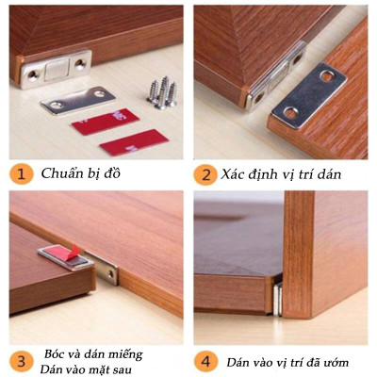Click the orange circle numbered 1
click(23, 174)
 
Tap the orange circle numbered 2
click(205, 174)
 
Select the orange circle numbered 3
click(23, 361)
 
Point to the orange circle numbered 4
click(205, 361)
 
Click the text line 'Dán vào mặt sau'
click(93, 369)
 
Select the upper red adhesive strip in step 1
click(106, 122)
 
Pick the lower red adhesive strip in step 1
click(134, 142)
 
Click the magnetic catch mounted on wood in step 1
click(58, 66)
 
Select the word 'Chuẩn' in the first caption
click(59, 174)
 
